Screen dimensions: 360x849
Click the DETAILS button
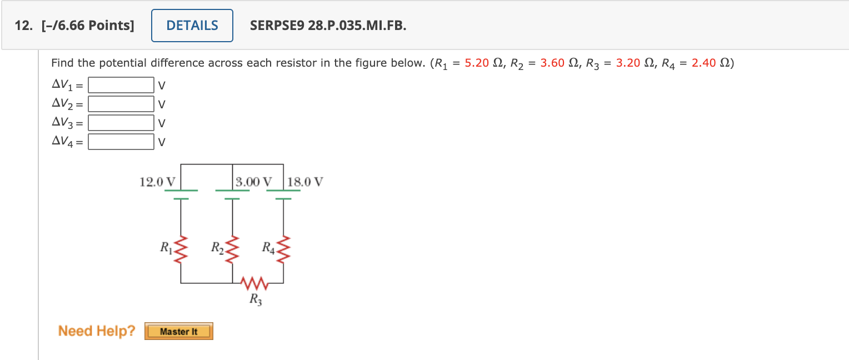coord(192,26)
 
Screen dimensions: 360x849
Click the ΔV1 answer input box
coord(121,86)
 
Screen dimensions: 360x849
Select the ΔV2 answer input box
coord(121,104)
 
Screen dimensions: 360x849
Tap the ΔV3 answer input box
coord(121,123)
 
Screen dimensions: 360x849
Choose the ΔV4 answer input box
coord(121,142)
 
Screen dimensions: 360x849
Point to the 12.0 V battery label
coord(157,182)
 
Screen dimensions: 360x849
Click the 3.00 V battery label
coord(254,182)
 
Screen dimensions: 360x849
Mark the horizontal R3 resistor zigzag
coord(255,284)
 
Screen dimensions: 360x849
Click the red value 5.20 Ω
coord(477,63)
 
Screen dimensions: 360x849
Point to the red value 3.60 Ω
coord(553,63)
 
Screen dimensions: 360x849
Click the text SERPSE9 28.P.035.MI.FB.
coord(328,26)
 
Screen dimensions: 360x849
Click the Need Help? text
coord(97,331)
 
